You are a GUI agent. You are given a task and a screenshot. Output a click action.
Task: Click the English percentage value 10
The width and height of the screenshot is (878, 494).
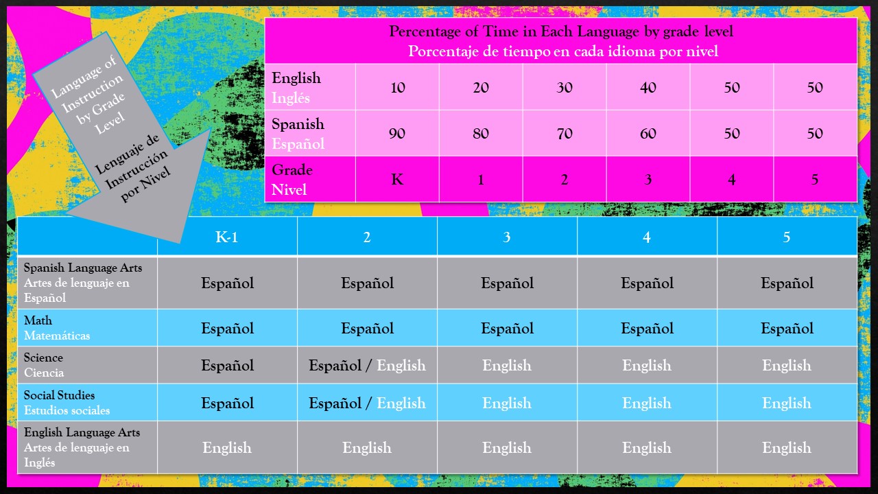click(397, 87)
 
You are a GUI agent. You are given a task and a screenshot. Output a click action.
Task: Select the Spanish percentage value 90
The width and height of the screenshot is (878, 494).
click(397, 133)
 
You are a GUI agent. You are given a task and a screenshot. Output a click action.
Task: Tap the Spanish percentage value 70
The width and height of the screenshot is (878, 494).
click(565, 133)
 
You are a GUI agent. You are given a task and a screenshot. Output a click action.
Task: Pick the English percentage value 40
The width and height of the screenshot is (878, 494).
click(648, 87)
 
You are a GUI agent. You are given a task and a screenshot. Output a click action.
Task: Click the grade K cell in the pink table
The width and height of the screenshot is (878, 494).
click(397, 179)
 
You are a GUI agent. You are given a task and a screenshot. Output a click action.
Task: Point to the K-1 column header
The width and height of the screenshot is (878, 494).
click(226, 237)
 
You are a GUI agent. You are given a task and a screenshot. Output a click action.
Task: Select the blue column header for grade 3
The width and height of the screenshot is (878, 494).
click(507, 237)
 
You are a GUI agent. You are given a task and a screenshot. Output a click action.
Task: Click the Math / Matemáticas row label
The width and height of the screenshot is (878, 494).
click(57, 328)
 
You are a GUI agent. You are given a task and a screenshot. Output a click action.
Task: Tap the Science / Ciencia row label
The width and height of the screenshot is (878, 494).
click(43, 365)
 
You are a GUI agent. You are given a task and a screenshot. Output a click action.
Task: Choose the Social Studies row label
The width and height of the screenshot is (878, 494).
click(67, 403)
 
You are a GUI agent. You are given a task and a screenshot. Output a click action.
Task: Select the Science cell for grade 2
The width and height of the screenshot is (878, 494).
click(367, 366)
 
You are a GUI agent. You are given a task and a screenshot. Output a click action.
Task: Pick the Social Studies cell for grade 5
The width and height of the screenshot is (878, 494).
click(787, 403)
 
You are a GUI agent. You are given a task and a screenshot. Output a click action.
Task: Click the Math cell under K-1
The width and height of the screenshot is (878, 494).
click(227, 328)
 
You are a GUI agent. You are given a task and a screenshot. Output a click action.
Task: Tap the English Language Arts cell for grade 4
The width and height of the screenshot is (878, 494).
click(647, 448)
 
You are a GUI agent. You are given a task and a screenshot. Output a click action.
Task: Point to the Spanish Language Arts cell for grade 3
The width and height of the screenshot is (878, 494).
click(507, 283)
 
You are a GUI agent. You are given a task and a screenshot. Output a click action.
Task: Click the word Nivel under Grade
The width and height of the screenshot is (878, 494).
click(289, 190)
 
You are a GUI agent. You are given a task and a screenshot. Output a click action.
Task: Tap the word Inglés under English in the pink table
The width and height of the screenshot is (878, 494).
click(290, 97)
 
